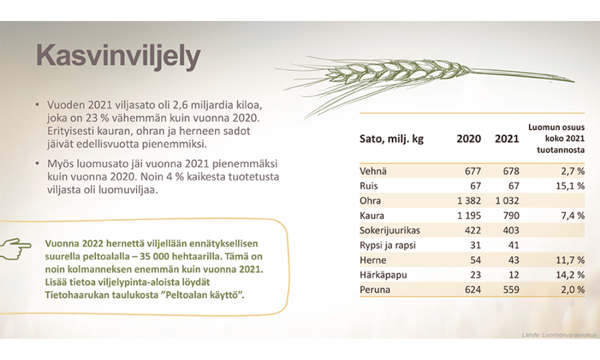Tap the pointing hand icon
pyautogui.click(x=16, y=248)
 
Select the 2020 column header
pyautogui.click(x=469, y=139)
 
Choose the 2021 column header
pyautogui.click(x=507, y=139)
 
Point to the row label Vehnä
pyautogui.click(x=373, y=171)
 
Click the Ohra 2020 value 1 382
pyautogui.click(x=469, y=201)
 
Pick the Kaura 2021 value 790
pyautogui.click(x=511, y=216)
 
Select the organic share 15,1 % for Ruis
pyautogui.click(x=570, y=186)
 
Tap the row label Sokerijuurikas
pyautogui.click(x=390, y=230)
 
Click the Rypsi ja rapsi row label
pyautogui.click(x=388, y=245)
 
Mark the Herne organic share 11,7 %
pyautogui.click(x=570, y=260)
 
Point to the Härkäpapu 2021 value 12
pyautogui.click(x=514, y=275)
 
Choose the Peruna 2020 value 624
pyautogui.click(x=473, y=290)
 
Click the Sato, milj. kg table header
pyautogui.click(x=391, y=139)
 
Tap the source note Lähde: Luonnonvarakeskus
pyautogui.click(x=559, y=335)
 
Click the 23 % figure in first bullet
pyautogui.click(x=97, y=118)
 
